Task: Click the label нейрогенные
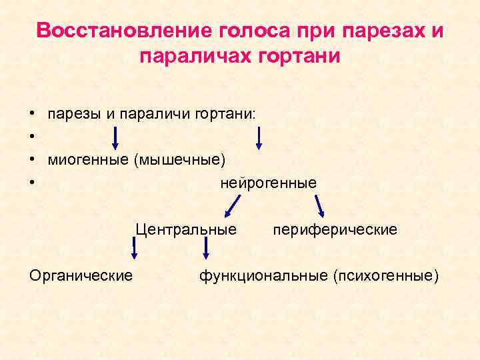(269, 182)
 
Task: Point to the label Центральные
(186, 230)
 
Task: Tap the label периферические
(335, 230)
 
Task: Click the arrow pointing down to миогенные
(115, 139)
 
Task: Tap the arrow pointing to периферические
(319, 207)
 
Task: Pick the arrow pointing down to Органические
(134, 249)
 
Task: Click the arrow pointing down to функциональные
(206, 248)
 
